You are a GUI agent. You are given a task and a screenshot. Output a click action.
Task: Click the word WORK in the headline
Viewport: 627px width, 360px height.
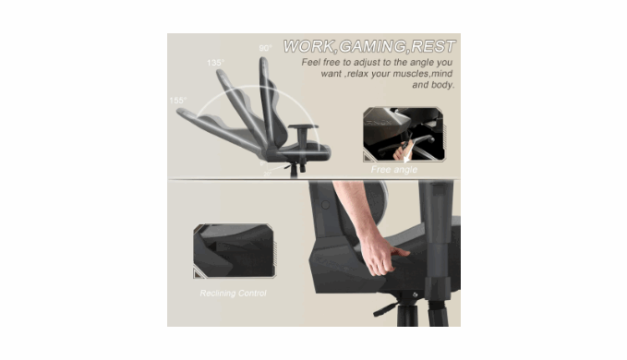pos(308,46)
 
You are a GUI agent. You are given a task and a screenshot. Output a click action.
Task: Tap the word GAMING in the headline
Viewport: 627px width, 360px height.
pos(372,46)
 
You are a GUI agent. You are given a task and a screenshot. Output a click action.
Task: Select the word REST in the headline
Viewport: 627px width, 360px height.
pos(433,46)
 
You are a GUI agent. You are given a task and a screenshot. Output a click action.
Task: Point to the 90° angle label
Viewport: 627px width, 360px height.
pos(265,48)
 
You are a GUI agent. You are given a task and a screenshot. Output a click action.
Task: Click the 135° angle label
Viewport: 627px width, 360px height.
pos(215,63)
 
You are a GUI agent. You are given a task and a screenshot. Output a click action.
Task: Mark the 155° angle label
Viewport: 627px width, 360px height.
pos(178,101)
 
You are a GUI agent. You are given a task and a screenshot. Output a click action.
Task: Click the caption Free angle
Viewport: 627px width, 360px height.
pos(394,170)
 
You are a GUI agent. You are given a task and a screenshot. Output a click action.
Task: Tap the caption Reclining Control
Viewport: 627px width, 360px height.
pos(233,294)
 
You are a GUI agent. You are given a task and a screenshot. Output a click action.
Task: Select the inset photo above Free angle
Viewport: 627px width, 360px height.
pos(404,134)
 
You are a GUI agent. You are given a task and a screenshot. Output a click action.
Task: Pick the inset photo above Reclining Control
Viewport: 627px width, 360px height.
pos(235,250)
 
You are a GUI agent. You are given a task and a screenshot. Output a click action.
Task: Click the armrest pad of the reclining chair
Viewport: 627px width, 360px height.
pos(303,126)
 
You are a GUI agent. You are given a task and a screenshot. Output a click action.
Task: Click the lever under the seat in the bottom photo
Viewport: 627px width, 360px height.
pos(385,309)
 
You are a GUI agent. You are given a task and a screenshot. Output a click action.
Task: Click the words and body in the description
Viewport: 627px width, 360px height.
pos(433,85)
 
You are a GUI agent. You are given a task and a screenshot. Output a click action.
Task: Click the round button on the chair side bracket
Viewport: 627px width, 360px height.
pos(325,205)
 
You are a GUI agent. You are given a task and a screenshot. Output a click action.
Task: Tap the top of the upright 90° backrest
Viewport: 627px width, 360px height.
pos(263,60)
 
